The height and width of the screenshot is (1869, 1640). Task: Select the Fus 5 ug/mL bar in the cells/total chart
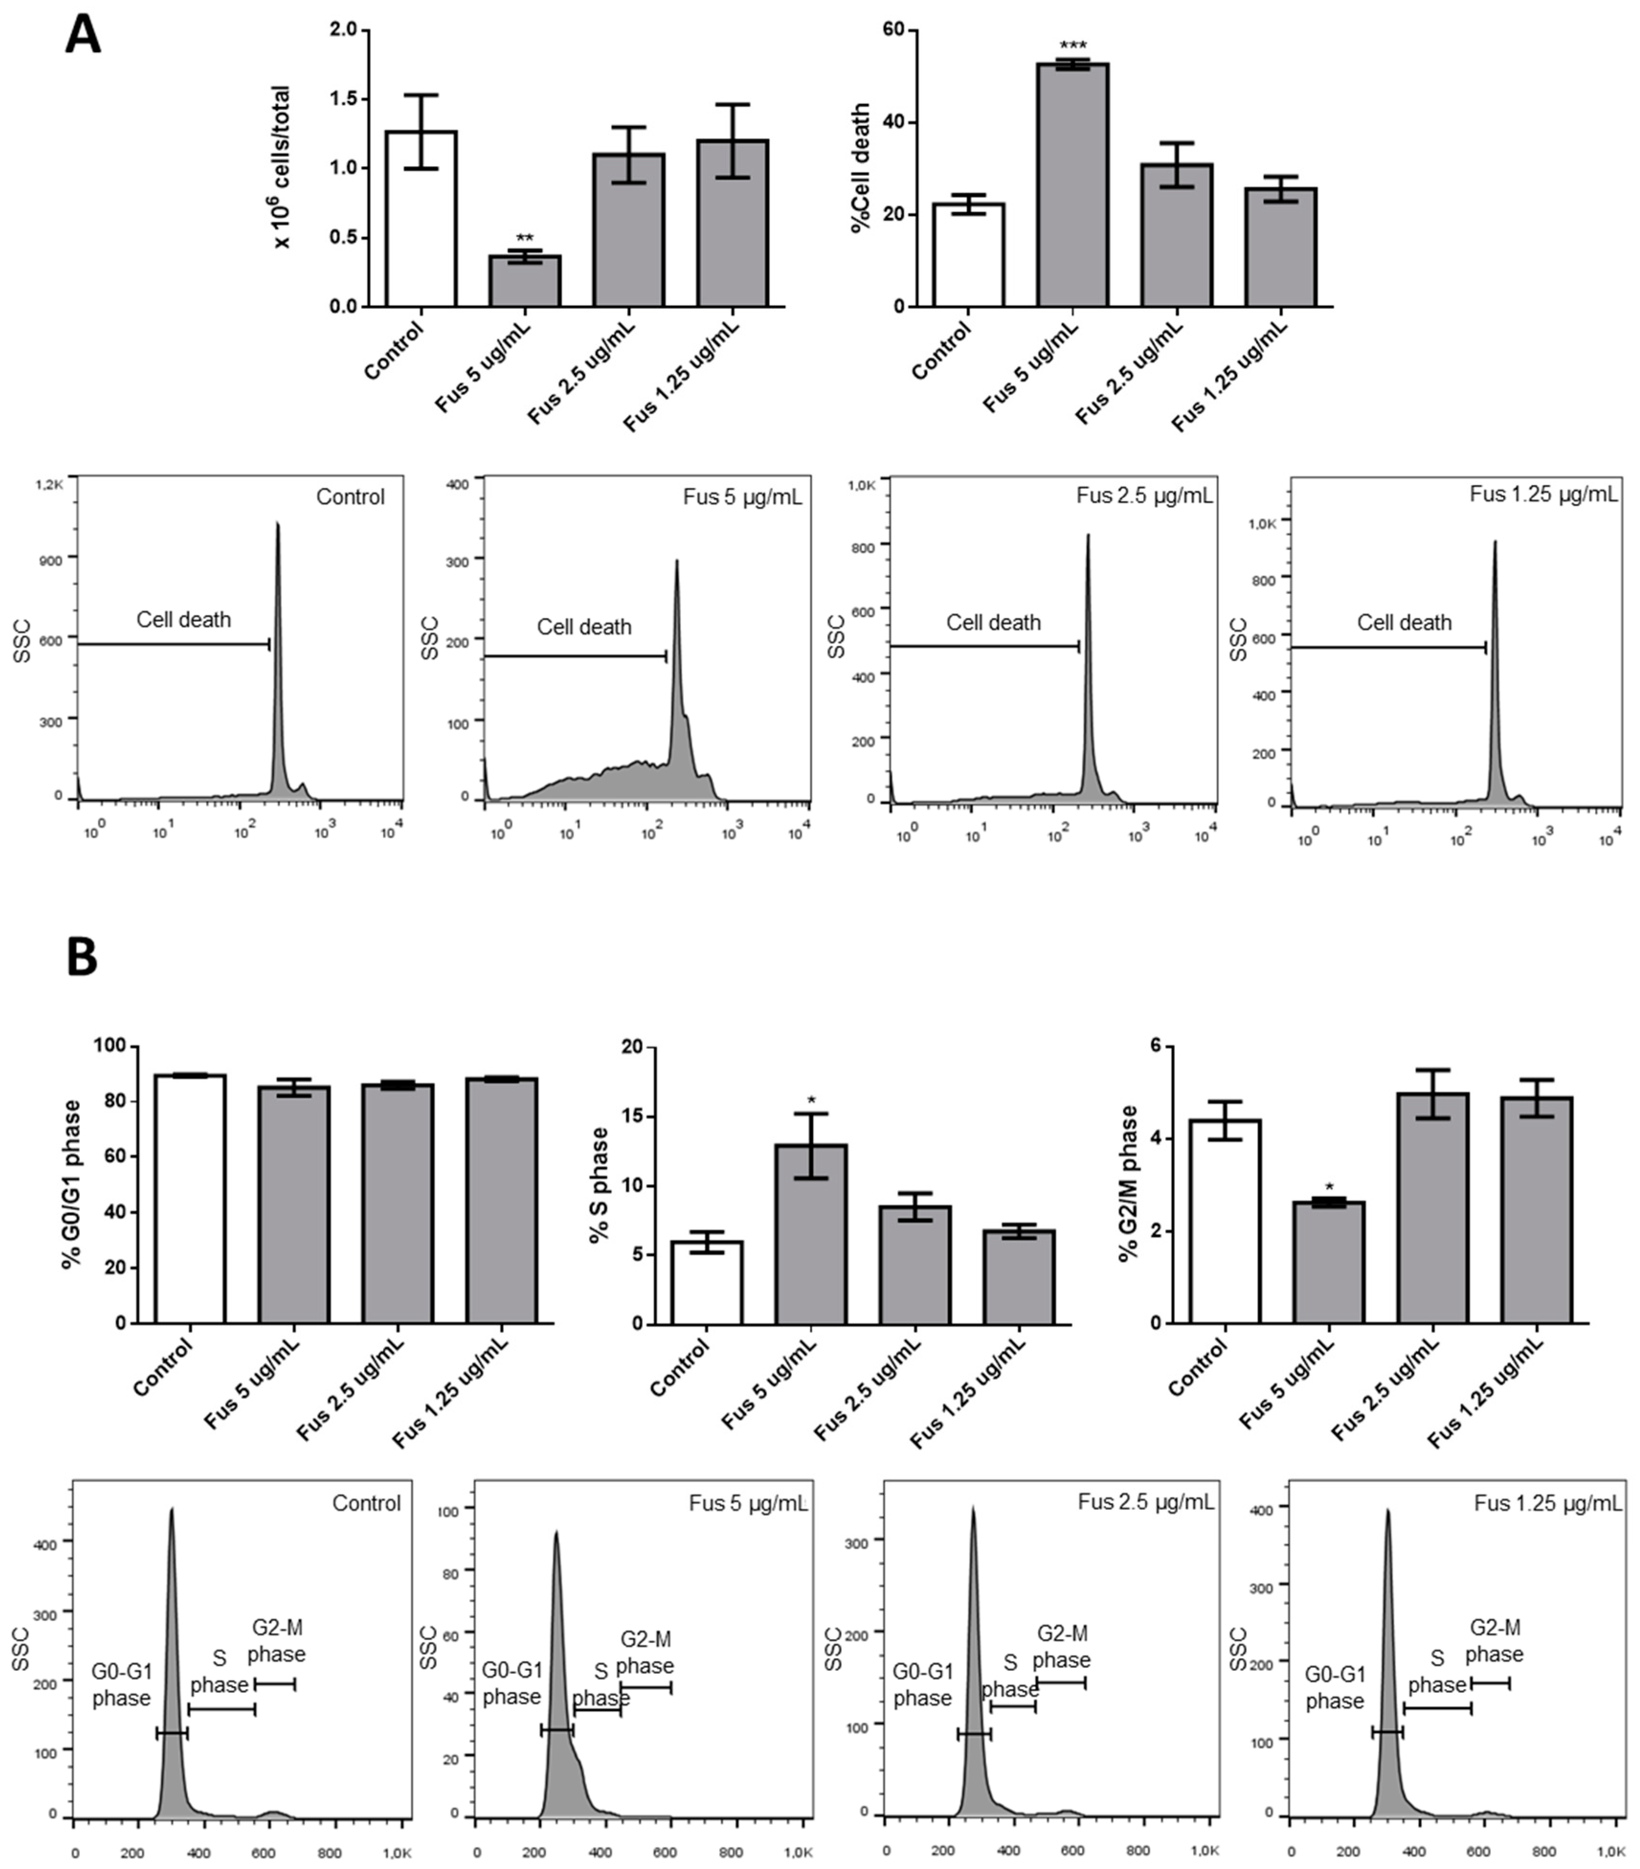pyautogui.click(x=524, y=281)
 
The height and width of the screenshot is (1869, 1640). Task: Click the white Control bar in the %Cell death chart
pyautogui.click(x=968, y=256)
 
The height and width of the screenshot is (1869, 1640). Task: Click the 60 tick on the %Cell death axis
pyautogui.click(x=892, y=30)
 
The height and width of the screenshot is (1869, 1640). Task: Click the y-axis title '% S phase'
pyautogui.click(x=600, y=1185)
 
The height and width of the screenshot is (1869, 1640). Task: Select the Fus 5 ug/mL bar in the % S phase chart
pyautogui.click(x=811, y=1234)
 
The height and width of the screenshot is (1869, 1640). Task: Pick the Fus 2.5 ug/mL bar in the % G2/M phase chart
pyautogui.click(x=1432, y=1209)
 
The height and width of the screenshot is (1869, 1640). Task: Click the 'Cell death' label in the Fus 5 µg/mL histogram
pyautogui.click(x=583, y=627)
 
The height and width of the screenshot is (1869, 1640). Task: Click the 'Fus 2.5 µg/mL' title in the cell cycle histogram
pyautogui.click(x=1146, y=1502)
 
